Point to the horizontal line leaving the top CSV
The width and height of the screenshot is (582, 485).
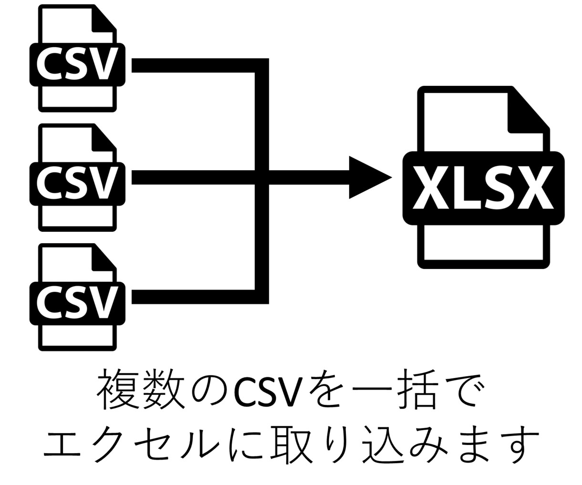(193, 65)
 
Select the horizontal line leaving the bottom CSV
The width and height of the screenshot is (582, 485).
(193, 297)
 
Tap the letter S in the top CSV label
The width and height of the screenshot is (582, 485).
(76, 63)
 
